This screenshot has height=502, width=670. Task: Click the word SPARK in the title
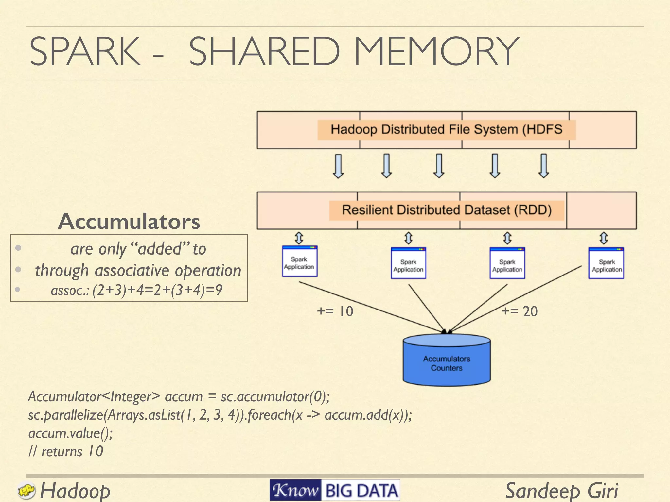(85, 51)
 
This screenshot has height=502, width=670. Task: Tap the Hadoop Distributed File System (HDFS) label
(446, 130)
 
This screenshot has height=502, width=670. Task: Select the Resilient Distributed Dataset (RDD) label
(447, 210)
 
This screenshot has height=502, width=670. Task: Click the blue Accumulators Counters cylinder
(447, 363)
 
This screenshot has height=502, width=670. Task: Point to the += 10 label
(335, 311)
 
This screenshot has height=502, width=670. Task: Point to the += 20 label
(520, 311)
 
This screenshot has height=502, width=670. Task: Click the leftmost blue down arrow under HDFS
(338, 166)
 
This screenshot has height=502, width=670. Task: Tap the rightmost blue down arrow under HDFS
(543, 166)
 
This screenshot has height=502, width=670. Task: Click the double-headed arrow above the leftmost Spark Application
(299, 238)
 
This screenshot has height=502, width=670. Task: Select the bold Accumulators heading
(129, 222)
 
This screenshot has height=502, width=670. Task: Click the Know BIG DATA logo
(334, 490)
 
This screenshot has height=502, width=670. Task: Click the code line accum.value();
(70, 433)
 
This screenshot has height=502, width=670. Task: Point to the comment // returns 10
(65, 452)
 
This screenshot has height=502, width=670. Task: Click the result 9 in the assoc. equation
(219, 290)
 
